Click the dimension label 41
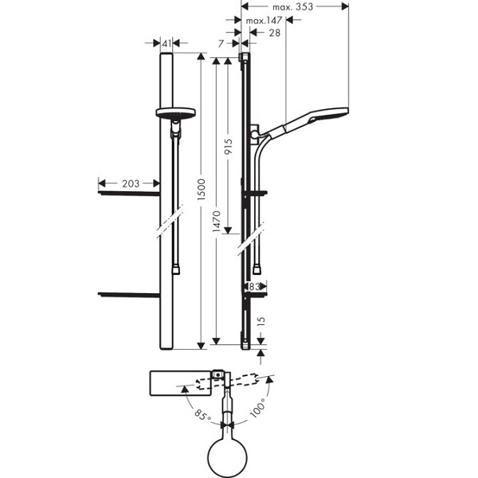click(x=167, y=44)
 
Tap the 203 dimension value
click(x=131, y=184)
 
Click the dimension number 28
click(x=275, y=33)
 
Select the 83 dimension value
click(x=256, y=286)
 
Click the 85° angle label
click(x=202, y=414)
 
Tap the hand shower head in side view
click(x=319, y=117)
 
